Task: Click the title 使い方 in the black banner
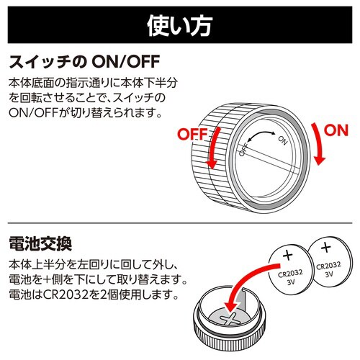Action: coord(179,26)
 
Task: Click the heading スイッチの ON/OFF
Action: coord(84,62)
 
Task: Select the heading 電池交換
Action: coord(40,243)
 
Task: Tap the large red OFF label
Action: coord(192,134)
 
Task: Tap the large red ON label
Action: coord(336,130)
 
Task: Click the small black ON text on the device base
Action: coord(283,140)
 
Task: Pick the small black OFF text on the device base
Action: coord(243,149)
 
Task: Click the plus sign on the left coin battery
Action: coord(288,255)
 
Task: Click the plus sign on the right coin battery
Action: coord(325,247)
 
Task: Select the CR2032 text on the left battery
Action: coord(290,274)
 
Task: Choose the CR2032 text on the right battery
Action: coord(328,266)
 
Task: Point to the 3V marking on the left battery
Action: coord(291,282)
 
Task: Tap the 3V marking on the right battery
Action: coord(329,274)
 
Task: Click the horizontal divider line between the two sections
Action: coord(180,223)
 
